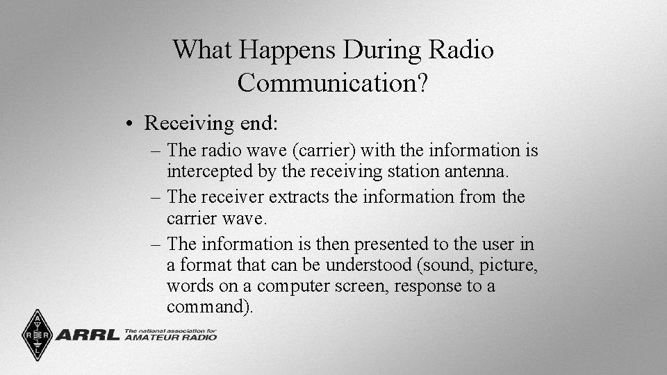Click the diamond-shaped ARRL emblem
point(37,335)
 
